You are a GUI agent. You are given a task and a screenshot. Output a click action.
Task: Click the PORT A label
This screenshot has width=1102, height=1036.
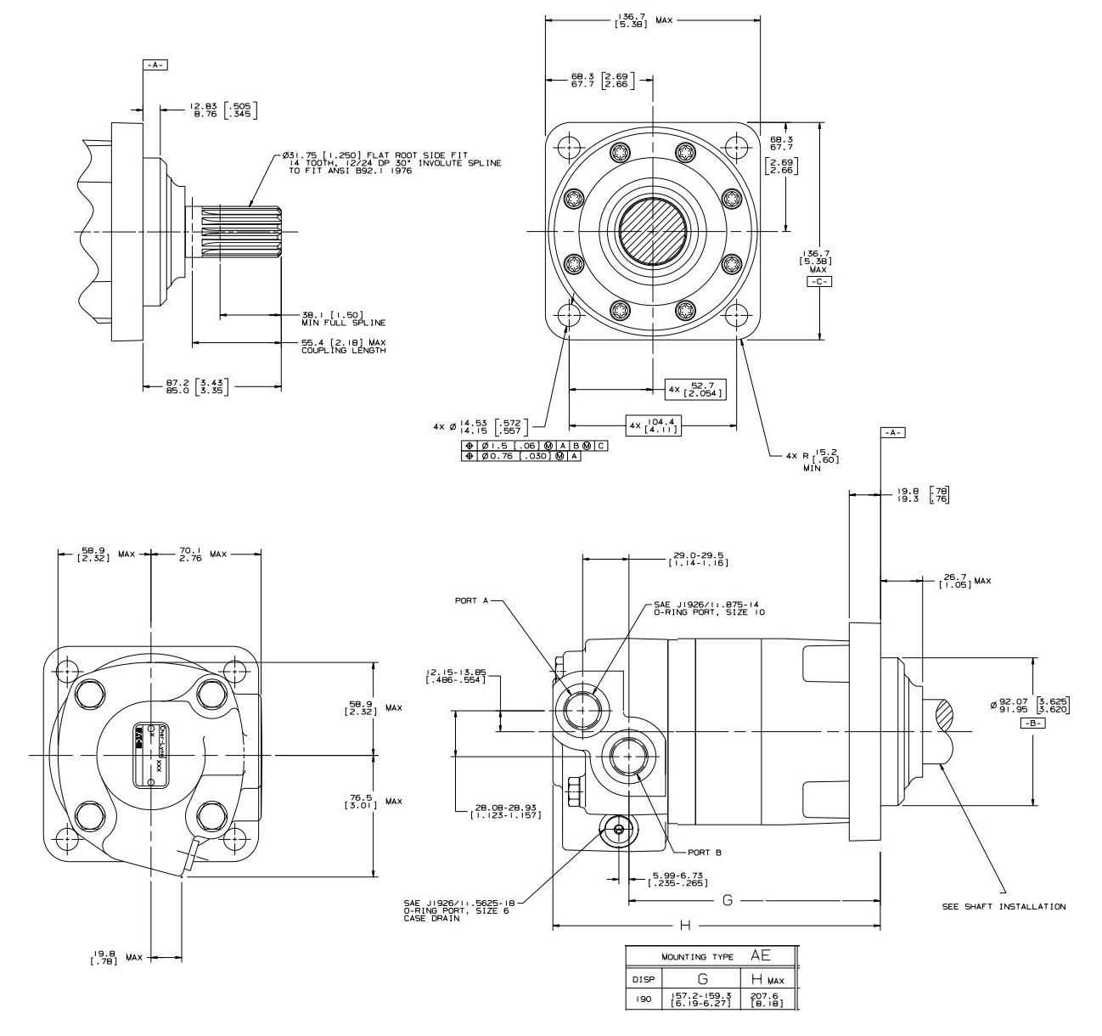tap(471, 600)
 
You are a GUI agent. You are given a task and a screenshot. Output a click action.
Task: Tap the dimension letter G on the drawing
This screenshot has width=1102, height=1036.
tap(727, 899)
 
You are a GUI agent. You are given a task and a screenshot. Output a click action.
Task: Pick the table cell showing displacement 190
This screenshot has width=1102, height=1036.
tap(643, 999)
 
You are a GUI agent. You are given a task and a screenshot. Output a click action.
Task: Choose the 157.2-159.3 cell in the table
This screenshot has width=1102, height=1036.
tap(700, 999)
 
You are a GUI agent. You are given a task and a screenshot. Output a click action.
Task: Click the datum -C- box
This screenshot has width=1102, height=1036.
tap(818, 281)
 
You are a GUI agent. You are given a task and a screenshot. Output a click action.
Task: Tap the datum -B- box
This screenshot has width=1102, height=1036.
tap(1032, 723)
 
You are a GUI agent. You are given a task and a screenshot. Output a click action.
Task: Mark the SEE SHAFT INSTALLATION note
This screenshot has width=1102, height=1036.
tap(1004, 906)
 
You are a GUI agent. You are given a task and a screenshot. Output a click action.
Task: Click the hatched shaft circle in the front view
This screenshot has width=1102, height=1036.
tap(652, 230)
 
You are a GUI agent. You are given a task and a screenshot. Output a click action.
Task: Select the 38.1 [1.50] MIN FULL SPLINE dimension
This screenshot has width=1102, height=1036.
tap(343, 318)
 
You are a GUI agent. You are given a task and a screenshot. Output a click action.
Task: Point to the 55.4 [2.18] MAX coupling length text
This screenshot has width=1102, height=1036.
tap(343, 346)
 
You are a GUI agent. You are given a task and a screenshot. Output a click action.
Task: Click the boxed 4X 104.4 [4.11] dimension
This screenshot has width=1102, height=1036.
tap(654, 425)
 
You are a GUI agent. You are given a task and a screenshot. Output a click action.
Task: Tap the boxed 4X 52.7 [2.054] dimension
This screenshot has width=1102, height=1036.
tap(696, 389)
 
